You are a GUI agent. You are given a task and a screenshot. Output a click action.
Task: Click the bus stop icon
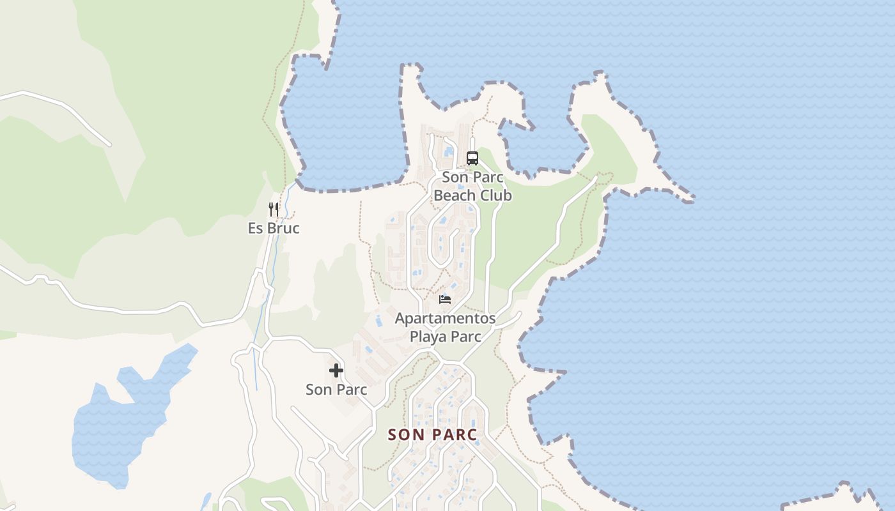pyautogui.click(x=472, y=158)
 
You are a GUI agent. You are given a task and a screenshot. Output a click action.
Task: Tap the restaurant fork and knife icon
pyautogui.click(x=274, y=210)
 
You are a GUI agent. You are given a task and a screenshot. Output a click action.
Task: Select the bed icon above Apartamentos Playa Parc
pyautogui.click(x=445, y=299)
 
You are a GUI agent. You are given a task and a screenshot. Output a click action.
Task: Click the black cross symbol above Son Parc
pyautogui.click(x=336, y=370)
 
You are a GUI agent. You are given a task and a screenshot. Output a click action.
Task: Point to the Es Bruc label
pyautogui.click(x=274, y=228)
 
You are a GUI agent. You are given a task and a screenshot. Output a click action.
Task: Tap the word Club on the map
pyautogui.click(x=497, y=195)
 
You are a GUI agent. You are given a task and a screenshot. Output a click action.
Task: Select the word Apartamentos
pyautogui.click(x=445, y=318)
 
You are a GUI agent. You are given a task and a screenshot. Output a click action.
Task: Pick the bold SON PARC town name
pyautogui.click(x=433, y=435)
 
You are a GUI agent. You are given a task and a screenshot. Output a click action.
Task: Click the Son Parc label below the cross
pyautogui.click(x=336, y=390)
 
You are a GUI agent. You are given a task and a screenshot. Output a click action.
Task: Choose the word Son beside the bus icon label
pyautogui.click(x=456, y=178)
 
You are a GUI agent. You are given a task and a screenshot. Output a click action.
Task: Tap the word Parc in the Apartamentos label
pyautogui.click(x=467, y=337)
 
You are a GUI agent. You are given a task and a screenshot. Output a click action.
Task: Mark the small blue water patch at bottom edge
pyautogui.click(x=205, y=501)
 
